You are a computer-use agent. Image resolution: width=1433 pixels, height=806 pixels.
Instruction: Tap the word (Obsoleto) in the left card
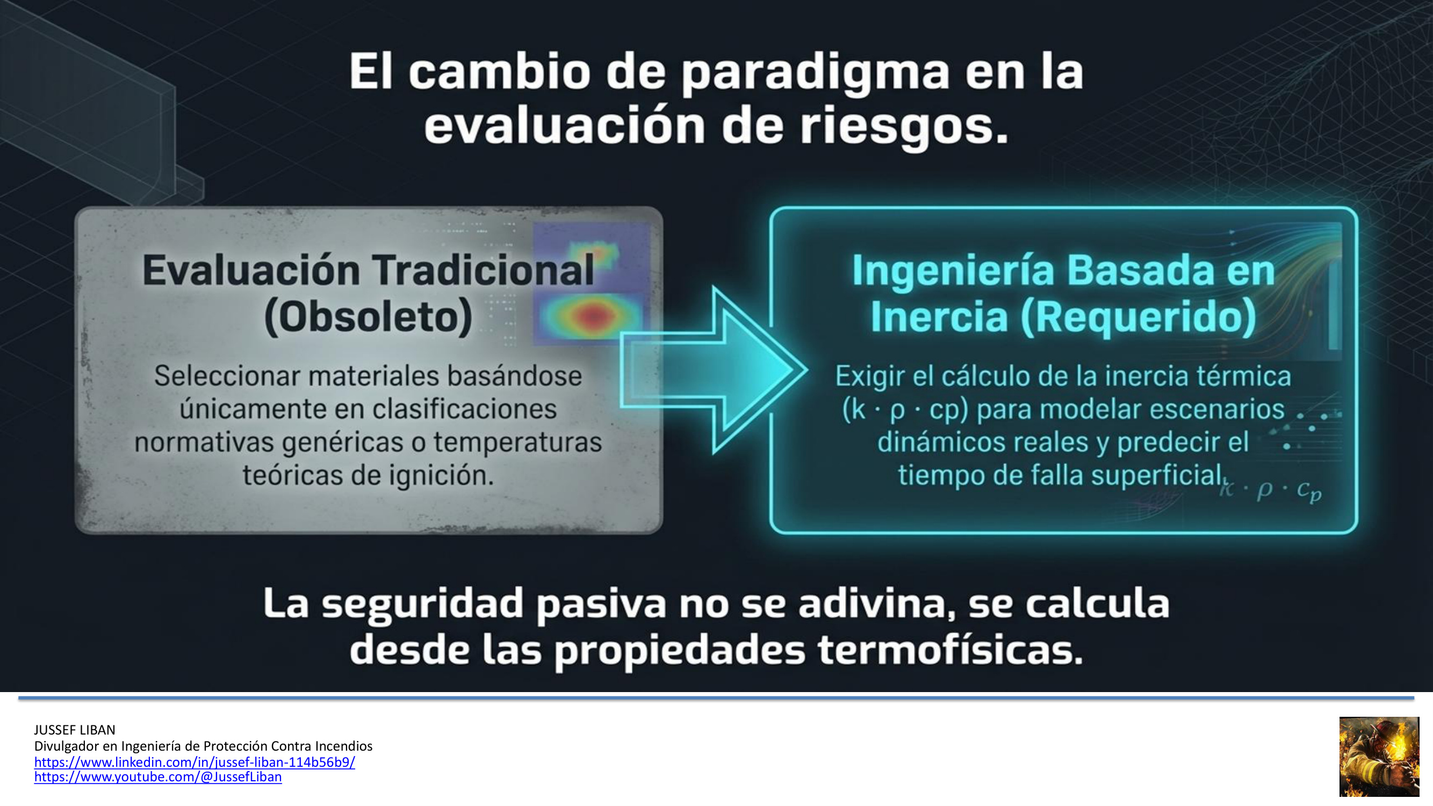(x=368, y=317)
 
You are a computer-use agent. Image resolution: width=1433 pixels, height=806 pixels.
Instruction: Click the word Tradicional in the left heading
(x=483, y=270)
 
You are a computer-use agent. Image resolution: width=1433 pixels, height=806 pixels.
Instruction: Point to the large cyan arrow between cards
(x=714, y=370)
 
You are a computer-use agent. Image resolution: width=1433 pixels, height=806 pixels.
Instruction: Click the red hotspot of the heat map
(x=593, y=316)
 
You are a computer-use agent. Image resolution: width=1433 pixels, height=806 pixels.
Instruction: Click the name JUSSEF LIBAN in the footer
(x=75, y=730)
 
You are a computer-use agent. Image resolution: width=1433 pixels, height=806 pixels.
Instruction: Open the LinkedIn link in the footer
(x=195, y=761)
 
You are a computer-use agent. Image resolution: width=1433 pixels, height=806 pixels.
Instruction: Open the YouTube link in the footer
(x=158, y=776)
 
